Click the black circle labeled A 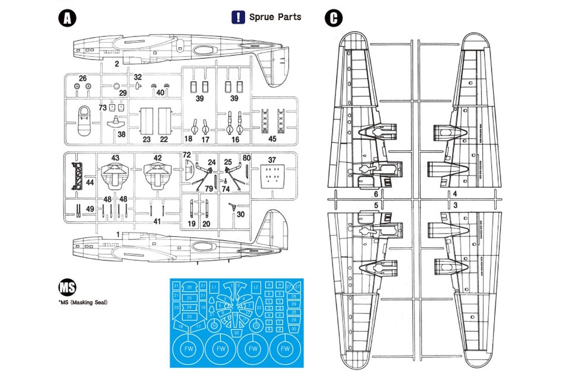(67, 19)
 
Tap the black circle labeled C (334, 19)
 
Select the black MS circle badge (67, 288)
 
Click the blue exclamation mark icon (238, 17)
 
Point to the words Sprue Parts (275, 17)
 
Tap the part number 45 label (272, 139)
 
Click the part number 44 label (90, 183)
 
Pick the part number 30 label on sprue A (241, 214)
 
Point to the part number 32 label (138, 77)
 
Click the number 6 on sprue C (376, 194)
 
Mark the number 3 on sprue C (455, 205)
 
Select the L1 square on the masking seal (214, 286)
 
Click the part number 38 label (121, 134)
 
